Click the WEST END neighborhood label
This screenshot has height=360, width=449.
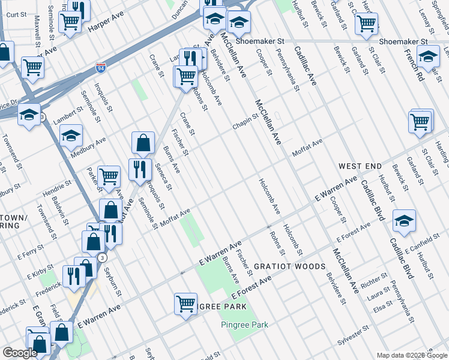click(x=360, y=165)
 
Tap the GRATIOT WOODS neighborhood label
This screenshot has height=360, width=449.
click(x=289, y=266)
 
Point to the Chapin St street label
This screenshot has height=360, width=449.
click(x=246, y=122)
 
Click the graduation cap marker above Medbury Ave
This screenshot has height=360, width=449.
click(x=71, y=135)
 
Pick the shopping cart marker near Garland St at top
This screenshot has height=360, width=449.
click(x=366, y=23)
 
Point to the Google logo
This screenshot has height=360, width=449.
click(x=20, y=353)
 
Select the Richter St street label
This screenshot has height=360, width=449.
click(x=373, y=280)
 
